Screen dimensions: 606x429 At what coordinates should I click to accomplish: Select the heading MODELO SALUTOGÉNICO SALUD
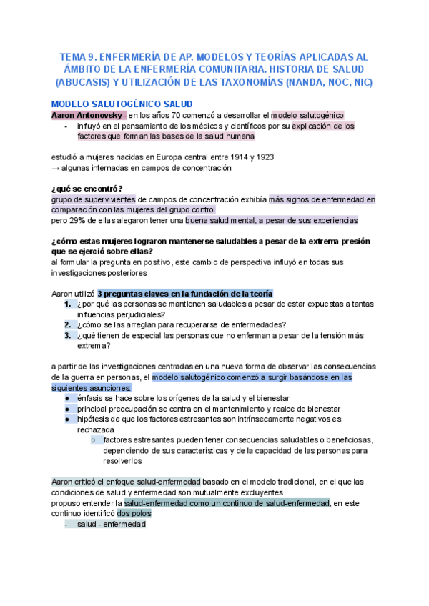tap(117, 104)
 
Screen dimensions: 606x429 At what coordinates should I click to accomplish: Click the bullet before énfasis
tap(67, 398)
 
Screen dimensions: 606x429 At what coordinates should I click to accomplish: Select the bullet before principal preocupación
tap(67, 409)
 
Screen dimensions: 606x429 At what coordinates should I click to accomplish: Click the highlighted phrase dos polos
tap(134, 514)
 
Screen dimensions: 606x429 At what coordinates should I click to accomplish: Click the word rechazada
tap(96, 430)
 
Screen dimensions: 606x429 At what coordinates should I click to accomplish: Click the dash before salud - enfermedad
tap(66, 525)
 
